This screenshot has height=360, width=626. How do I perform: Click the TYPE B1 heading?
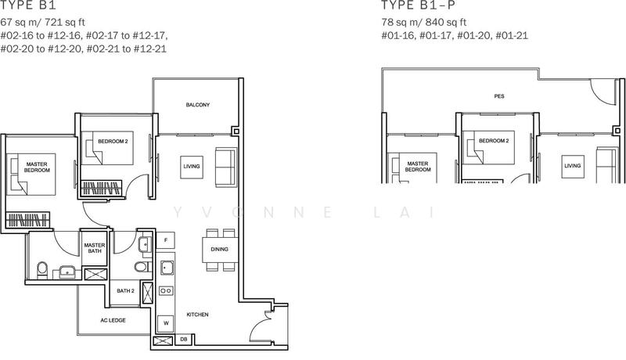tap(24, 9)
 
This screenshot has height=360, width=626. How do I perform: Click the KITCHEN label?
tap(197, 314)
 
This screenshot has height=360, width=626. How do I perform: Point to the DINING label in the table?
tap(219, 250)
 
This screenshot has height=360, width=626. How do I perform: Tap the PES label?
tap(498, 96)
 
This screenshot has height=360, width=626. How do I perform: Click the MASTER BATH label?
tap(95, 248)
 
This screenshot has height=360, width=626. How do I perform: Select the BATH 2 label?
tap(126, 291)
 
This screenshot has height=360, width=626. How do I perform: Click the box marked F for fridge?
tap(167, 241)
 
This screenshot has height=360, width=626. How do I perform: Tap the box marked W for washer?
tap(166, 322)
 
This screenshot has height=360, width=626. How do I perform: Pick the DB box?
tap(182, 340)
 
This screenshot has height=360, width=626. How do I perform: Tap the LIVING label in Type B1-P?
tap(574, 166)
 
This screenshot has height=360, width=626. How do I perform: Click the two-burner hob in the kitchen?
tap(166, 290)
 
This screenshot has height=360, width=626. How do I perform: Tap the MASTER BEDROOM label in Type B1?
tap(37, 166)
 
